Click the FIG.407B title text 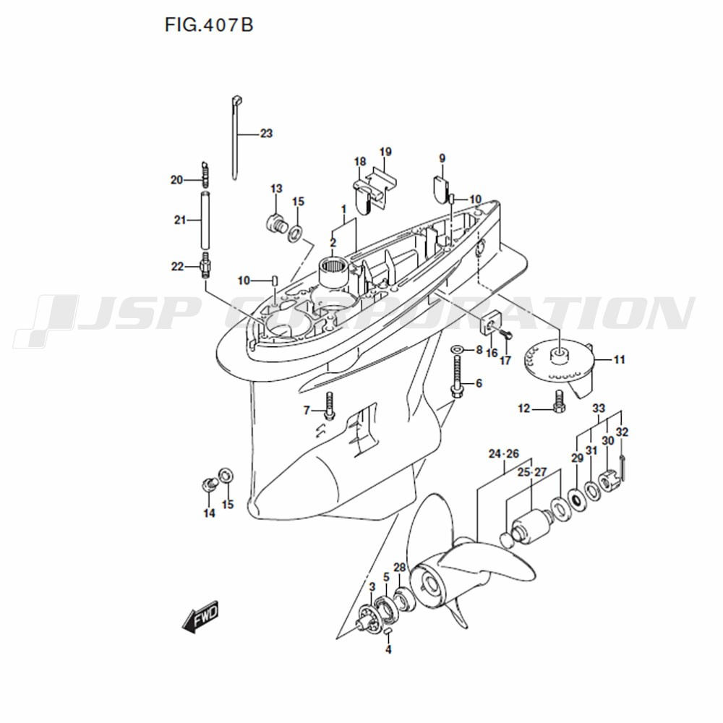tap(209, 25)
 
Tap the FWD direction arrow tap(200, 617)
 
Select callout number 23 tap(267, 134)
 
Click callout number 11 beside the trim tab tap(620, 359)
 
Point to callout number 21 tap(180, 220)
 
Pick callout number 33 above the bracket tap(599, 408)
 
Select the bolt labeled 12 tap(558, 401)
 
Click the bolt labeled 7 tap(329, 406)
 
